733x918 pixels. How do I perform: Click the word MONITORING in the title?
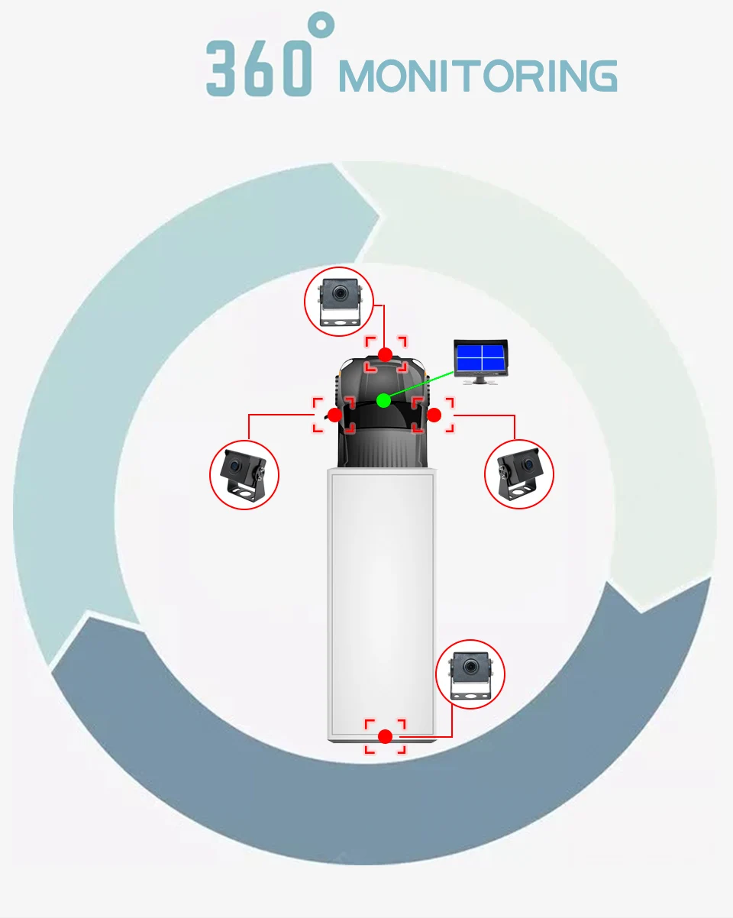point(477,76)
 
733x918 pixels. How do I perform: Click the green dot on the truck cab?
point(384,400)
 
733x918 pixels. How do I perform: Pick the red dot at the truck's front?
point(386,354)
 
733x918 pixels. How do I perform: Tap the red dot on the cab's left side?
point(334,415)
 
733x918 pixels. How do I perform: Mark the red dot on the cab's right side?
point(434,415)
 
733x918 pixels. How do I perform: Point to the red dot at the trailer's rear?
point(386,736)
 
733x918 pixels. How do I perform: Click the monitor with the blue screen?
point(480,357)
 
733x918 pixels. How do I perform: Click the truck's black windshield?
point(382,416)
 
